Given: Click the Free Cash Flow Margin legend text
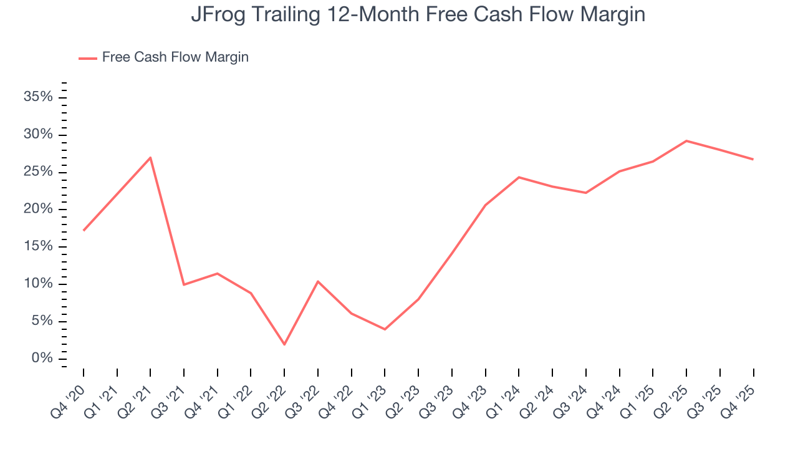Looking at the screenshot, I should [x=175, y=57].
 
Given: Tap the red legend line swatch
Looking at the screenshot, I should [x=88, y=58].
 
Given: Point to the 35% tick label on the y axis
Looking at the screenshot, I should [x=38, y=97].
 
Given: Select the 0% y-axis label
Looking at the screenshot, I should [x=42, y=359].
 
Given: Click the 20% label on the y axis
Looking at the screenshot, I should [x=38, y=209].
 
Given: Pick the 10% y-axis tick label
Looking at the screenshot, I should [x=38, y=284].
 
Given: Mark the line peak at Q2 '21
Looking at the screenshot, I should [x=150, y=158].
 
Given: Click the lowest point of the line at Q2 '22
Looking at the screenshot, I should [x=284, y=344].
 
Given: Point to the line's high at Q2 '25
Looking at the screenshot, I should [x=686, y=141].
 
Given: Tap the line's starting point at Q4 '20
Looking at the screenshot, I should [x=84, y=230].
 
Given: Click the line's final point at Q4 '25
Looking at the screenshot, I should [x=753, y=159].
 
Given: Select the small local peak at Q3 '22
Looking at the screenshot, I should [x=318, y=281].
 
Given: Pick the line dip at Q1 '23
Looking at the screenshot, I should [x=385, y=329].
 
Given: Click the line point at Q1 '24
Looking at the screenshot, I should [x=519, y=177].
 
